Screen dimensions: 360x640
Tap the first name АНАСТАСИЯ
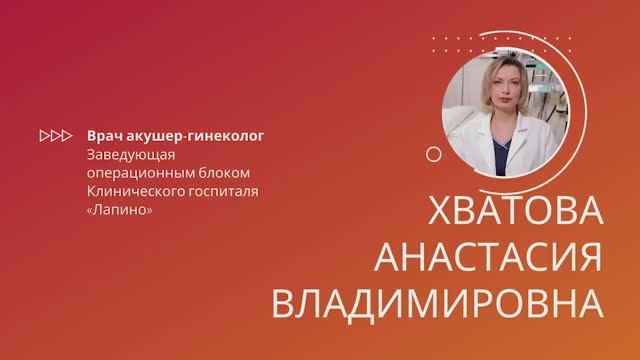pyautogui.click(x=488, y=258)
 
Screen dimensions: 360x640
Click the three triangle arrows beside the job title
pyautogui.click(x=54, y=133)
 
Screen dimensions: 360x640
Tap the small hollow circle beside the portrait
pyautogui.click(x=433, y=154)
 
